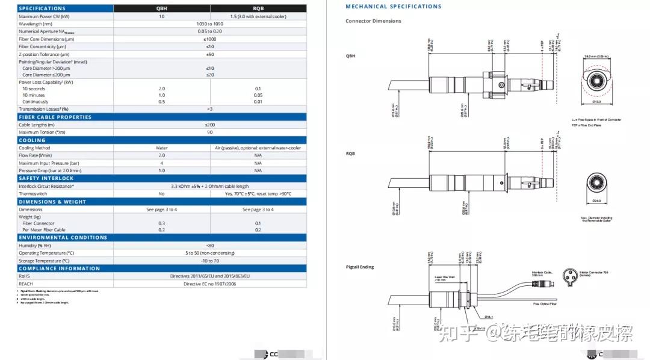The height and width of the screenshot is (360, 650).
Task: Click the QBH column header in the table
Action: point(161,8)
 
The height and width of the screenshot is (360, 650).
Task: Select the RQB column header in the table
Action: point(258,8)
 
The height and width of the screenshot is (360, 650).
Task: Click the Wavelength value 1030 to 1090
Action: point(209,24)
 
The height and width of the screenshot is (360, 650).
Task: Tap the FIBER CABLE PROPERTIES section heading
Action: point(55,117)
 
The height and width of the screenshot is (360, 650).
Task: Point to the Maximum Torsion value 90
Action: point(209,132)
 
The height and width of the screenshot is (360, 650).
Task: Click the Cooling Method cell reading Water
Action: point(161,147)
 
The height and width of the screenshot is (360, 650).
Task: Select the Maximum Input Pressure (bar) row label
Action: point(49,163)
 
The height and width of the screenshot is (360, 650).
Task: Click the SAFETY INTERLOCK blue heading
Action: point(46,178)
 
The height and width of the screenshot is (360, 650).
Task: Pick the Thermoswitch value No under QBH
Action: point(161,194)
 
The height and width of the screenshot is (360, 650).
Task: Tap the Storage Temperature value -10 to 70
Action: point(209,260)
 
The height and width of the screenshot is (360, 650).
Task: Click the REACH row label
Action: point(25,283)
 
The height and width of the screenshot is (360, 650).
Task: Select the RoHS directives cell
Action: point(209,276)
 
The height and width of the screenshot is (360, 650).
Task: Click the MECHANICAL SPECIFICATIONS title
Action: point(393,7)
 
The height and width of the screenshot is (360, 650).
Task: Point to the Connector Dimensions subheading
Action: point(373,21)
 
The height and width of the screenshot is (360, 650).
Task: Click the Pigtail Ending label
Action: point(359,267)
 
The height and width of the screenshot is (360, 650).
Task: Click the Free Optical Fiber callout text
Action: point(545,304)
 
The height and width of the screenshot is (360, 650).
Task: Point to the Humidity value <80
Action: point(209,245)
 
